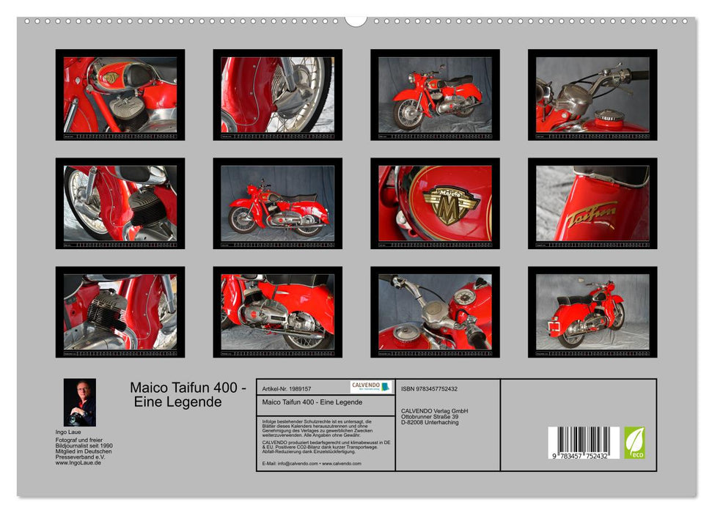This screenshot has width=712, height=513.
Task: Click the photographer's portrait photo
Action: (x=79, y=402)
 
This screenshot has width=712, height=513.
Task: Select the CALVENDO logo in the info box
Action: (x=370, y=387)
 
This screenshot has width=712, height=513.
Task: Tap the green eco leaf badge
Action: (x=634, y=443)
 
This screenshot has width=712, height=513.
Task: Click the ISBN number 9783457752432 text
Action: (x=429, y=388)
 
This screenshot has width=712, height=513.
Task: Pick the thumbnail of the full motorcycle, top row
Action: (x=435, y=95)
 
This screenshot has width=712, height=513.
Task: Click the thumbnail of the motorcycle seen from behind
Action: (x=592, y=311)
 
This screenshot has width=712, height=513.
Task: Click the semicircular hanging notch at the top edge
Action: (x=356, y=21)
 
